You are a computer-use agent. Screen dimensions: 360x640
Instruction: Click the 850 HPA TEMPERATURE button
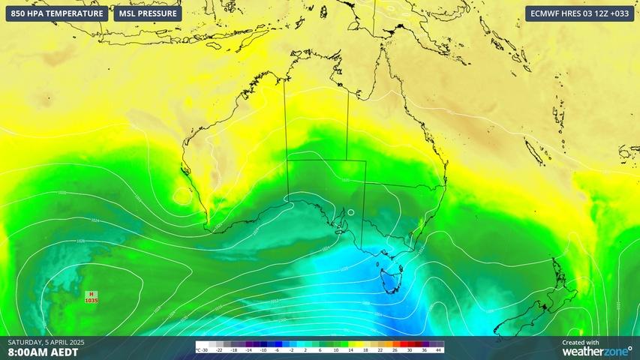tap(56, 13)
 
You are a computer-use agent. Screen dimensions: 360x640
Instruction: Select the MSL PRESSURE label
tap(148, 13)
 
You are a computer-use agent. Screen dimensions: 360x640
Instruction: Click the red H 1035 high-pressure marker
tap(92, 297)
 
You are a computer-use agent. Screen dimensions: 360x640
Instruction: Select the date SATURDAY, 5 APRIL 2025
tap(46, 342)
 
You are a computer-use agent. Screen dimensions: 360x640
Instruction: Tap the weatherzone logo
tap(596, 351)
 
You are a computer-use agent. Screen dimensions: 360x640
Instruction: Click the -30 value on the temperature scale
tap(204, 350)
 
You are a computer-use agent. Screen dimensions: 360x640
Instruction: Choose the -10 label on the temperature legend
tap(263, 350)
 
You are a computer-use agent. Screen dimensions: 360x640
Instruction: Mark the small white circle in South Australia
tap(351, 212)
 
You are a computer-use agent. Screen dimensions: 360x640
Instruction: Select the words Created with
tap(581, 342)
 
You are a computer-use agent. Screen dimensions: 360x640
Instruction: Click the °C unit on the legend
tap(197, 350)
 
